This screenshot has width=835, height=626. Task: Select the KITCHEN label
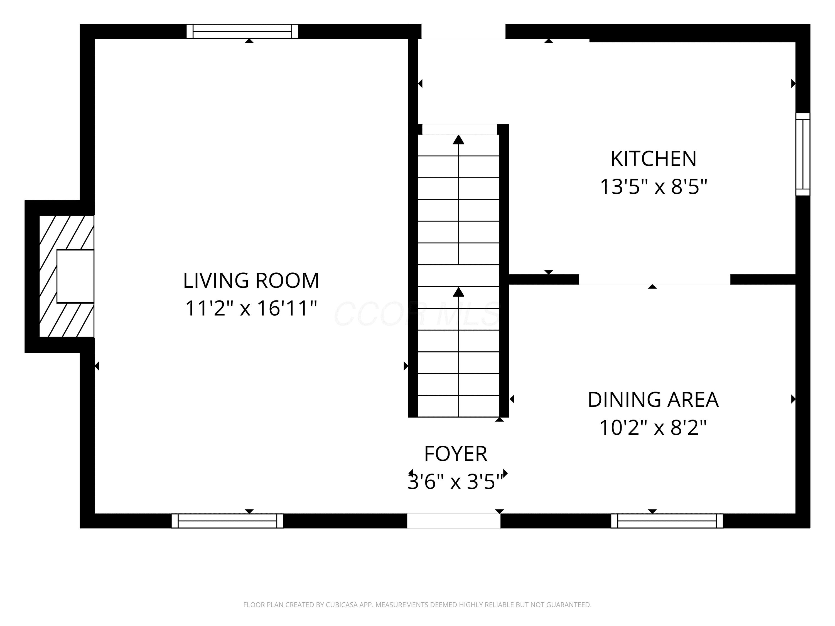tap(654, 159)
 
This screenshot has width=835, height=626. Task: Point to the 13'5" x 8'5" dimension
tap(654, 186)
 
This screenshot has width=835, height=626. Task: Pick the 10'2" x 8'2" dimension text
tap(653, 428)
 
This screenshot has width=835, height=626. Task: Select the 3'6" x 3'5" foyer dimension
tap(456, 482)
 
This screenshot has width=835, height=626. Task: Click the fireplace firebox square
tap(75, 276)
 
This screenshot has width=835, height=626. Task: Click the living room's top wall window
tap(242, 31)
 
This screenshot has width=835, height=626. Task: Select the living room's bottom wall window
tap(227, 521)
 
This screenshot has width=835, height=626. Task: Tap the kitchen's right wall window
tap(803, 154)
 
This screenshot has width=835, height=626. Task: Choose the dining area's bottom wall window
tap(667, 521)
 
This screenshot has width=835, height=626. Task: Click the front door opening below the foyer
tap(454, 521)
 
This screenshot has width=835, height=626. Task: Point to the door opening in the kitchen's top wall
tap(463, 31)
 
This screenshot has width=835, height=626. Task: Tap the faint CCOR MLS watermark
tap(417, 314)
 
